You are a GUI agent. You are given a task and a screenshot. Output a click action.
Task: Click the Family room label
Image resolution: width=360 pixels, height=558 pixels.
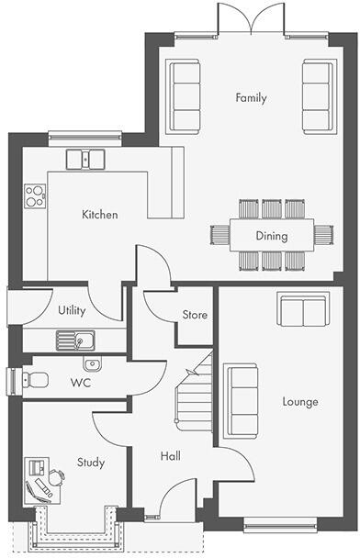pos(251,97)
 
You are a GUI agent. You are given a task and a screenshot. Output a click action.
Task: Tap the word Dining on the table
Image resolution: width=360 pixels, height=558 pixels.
pos(272,236)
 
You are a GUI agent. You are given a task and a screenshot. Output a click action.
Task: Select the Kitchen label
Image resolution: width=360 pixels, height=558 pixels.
pos(99,215)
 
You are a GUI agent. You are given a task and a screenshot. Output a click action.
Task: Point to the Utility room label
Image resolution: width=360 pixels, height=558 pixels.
pos(72,310)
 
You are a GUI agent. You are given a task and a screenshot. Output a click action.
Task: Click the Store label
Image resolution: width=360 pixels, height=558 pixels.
pos(195,315)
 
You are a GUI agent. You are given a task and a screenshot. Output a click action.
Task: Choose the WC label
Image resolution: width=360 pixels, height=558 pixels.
pos(82,381)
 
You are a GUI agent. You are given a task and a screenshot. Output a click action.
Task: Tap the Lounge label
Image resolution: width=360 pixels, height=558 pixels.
pos(300,402)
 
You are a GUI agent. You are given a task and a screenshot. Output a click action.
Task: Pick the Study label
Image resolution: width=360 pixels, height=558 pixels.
pos(90,463)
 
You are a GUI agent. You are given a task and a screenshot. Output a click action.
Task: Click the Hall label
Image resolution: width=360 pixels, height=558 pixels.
pos(171,456)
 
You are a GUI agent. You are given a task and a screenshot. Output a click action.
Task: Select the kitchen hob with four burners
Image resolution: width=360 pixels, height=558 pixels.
pos(35,195)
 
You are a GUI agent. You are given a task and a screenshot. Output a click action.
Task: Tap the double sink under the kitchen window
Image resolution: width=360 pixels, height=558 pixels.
pos(85,158)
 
